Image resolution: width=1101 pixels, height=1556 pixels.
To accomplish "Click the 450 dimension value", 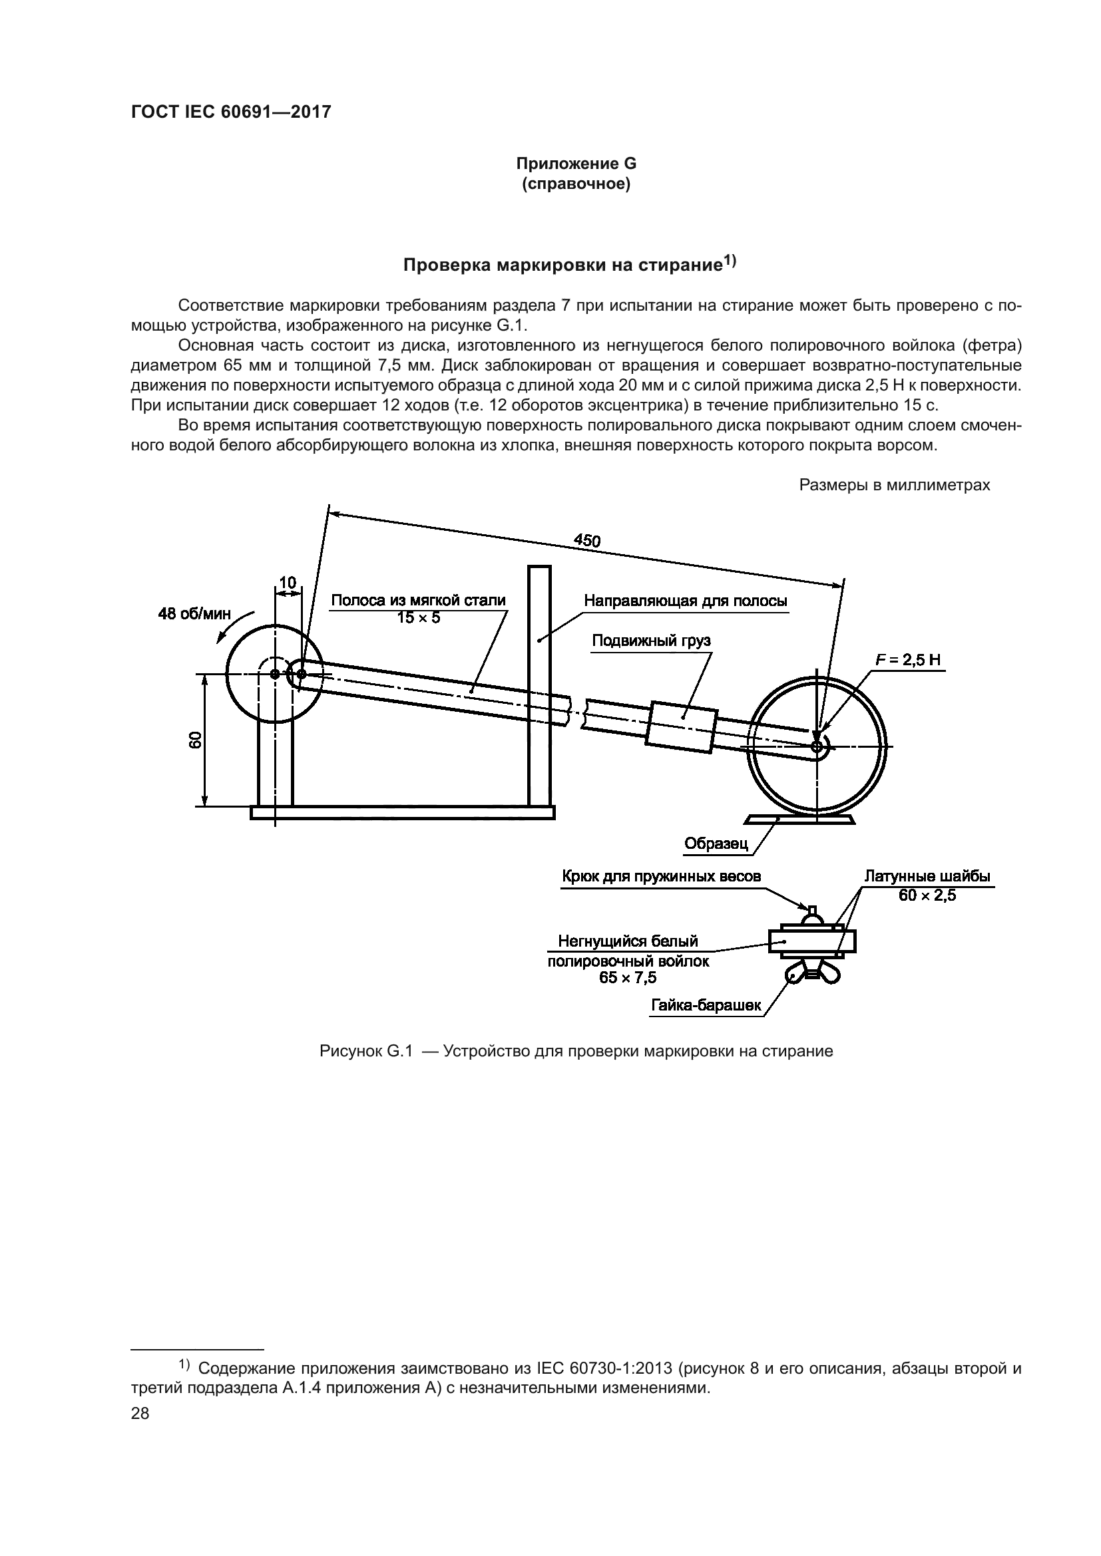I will coord(586,540).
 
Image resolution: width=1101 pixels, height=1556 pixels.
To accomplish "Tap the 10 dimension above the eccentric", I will coord(288,583).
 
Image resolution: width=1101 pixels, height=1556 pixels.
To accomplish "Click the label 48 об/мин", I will coord(194,614).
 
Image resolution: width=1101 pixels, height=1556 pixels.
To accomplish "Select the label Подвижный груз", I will coord(651,641).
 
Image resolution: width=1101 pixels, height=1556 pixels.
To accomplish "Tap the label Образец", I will coord(716,844).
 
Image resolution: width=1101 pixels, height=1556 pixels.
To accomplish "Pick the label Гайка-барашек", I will coord(706,1006).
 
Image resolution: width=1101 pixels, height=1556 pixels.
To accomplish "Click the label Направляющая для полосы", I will coord(686,601).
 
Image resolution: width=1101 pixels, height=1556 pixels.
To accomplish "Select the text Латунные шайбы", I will coord(927,876).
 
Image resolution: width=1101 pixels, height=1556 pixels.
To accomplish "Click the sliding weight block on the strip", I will coord(682,726).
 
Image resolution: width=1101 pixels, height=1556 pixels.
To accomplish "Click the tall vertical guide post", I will coord(540,685).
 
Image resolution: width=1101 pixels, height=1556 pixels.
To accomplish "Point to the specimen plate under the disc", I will coord(799,820).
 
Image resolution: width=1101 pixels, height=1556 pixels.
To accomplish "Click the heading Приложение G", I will coord(576,164).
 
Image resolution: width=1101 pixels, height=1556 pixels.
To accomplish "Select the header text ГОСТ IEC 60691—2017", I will coord(230,112).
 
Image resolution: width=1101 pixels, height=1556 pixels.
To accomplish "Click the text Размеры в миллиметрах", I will coord(894,485).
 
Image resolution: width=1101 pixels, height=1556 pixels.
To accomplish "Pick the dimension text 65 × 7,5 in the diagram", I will coord(628,977).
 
